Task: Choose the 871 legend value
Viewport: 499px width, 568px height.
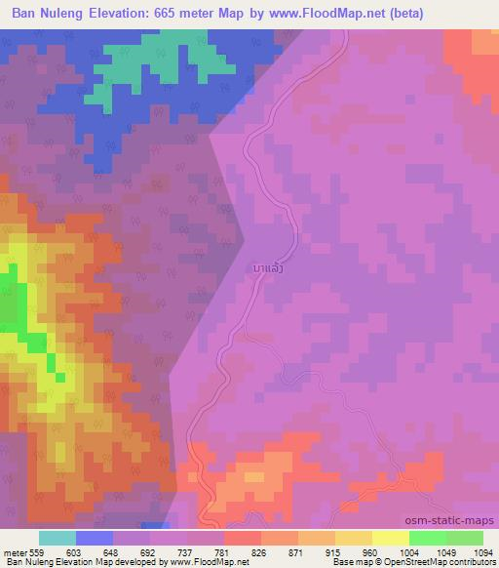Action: [x=295, y=552]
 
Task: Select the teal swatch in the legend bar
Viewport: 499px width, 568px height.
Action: [x=58, y=538]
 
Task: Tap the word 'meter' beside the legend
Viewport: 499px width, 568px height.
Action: [x=15, y=552]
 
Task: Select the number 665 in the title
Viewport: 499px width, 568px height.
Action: [x=202, y=14]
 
